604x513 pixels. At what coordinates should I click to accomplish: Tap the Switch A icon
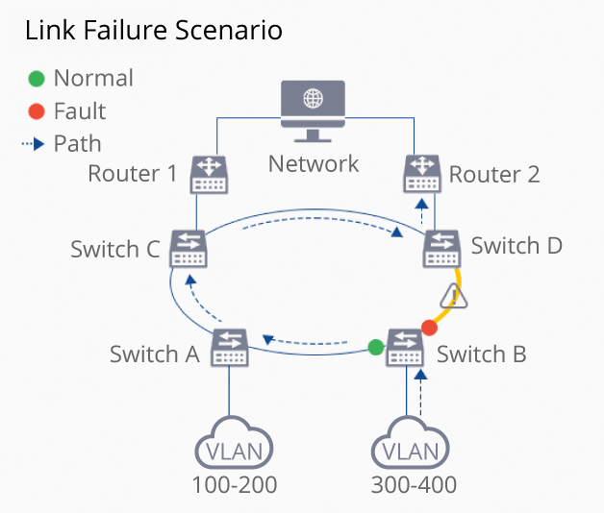[x=229, y=348]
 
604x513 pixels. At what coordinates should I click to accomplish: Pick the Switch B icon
[x=405, y=348]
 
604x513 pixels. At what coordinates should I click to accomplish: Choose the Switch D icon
[x=443, y=249]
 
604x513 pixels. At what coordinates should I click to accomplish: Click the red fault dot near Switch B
[x=429, y=328]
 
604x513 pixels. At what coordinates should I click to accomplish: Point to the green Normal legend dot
[x=37, y=79]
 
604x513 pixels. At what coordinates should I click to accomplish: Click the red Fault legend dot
[x=37, y=111]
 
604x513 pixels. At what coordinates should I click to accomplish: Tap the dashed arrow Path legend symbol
[x=35, y=144]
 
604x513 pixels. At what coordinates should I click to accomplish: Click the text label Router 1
[x=133, y=174]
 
